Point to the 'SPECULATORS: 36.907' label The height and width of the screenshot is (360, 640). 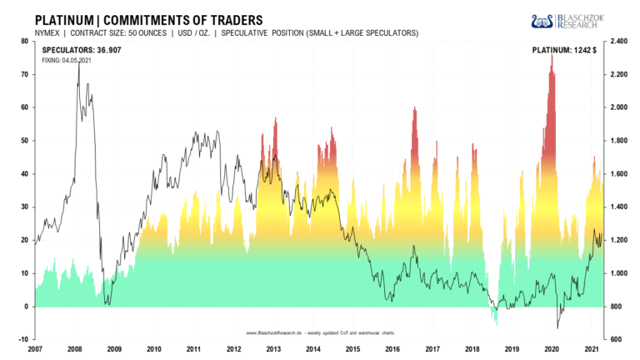click(x=82, y=50)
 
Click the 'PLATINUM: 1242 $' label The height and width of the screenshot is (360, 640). click(x=564, y=50)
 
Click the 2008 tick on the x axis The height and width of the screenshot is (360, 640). click(x=74, y=349)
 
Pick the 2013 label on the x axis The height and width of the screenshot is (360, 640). click(x=273, y=349)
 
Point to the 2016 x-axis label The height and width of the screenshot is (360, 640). click(x=392, y=349)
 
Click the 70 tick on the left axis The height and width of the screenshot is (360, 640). click(x=25, y=74)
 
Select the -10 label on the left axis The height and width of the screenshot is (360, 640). click(x=23, y=339)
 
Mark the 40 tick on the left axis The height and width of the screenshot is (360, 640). click(x=25, y=173)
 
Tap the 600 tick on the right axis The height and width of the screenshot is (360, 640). click(x=616, y=339)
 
